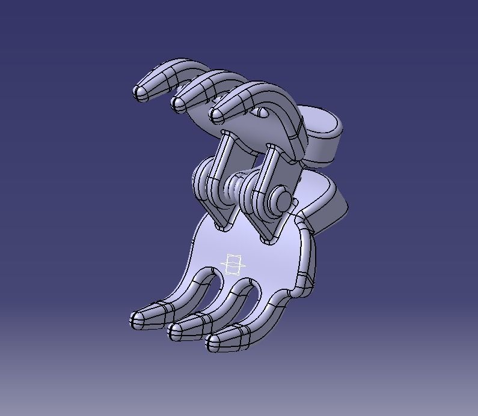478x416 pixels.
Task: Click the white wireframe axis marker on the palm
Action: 234,265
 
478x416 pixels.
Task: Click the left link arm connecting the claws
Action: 220,174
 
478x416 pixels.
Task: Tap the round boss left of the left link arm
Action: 201,178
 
